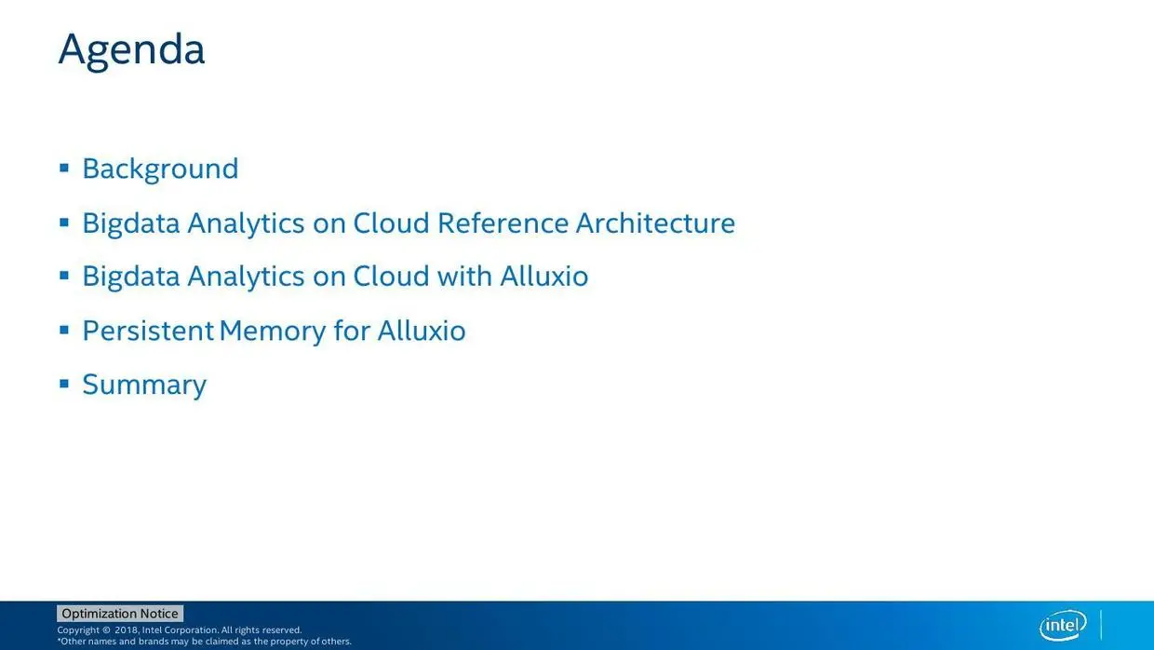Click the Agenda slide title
pyautogui.click(x=131, y=50)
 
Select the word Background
pyautogui.click(x=160, y=169)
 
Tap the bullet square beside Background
pyautogui.click(x=64, y=168)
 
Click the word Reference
pyautogui.click(x=503, y=223)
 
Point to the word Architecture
pyautogui.click(x=655, y=223)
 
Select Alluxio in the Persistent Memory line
pyautogui.click(x=422, y=331)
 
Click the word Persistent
pyautogui.click(x=148, y=331)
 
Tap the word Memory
pyautogui.click(x=273, y=332)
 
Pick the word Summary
pyautogui.click(x=144, y=386)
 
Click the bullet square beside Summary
pyautogui.click(x=64, y=384)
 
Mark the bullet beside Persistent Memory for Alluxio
pyautogui.click(x=64, y=330)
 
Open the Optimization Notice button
pyautogui.click(x=120, y=614)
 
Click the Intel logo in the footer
pyautogui.click(x=1063, y=625)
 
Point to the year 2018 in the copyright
pyautogui.click(x=127, y=630)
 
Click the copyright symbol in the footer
pyautogui.click(x=106, y=630)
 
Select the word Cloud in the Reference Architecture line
pyautogui.click(x=391, y=223)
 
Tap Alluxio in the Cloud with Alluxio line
pyautogui.click(x=544, y=276)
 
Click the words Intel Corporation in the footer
pyautogui.click(x=180, y=630)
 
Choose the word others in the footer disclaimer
pyautogui.click(x=335, y=642)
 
